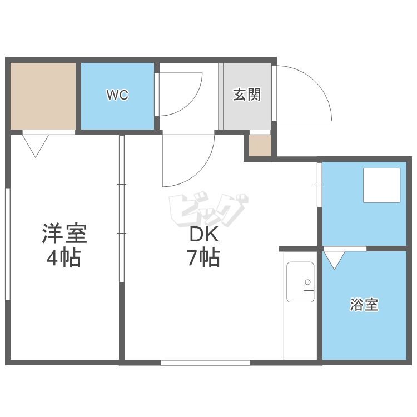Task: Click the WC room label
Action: click(x=117, y=95)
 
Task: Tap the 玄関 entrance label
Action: click(x=247, y=95)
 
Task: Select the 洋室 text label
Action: click(x=64, y=233)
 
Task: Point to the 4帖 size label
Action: click(x=63, y=257)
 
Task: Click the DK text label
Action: click(x=204, y=234)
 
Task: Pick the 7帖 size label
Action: click(x=203, y=257)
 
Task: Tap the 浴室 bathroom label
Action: click(x=364, y=305)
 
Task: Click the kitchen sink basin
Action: click(x=300, y=282)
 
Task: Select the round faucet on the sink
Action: click(x=307, y=282)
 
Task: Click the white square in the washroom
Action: click(x=381, y=185)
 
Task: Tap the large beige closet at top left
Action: click(x=43, y=96)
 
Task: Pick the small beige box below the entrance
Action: click(x=260, y=146)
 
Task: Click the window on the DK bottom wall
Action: click(x=205, y=363)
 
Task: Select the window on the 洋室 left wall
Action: click(x=8, y=244)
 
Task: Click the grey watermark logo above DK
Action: click(x=209, y=209)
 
